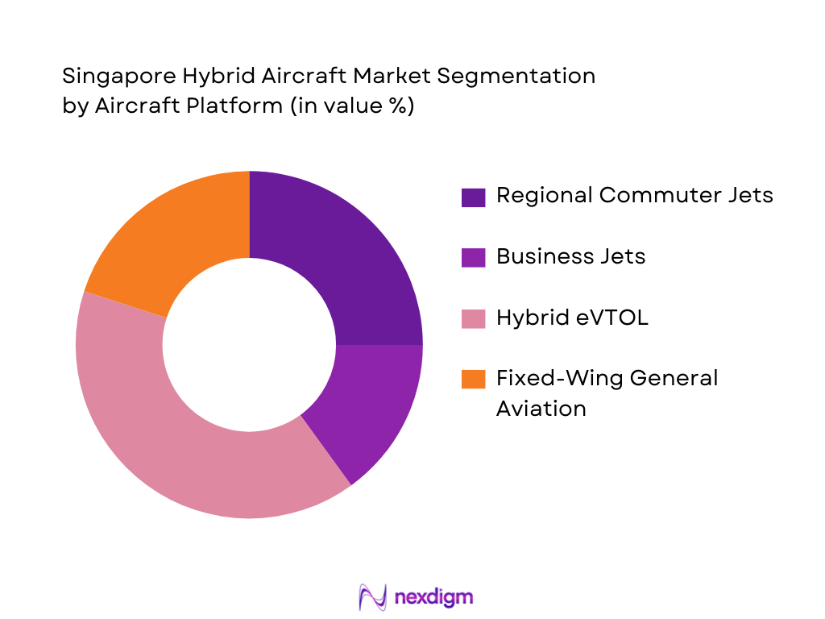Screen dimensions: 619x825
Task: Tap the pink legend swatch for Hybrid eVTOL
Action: pyautogui.click(x=473, y=318)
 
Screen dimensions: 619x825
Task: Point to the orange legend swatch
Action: pyautogui.click(x=473, y=379)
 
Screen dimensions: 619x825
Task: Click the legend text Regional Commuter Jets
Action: pyautogui.click(x=634, y=195)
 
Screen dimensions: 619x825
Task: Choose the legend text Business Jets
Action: pyautogui.click(x=570, y=256)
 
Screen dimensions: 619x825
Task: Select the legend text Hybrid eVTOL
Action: pyautogui.click(x=572, y=318)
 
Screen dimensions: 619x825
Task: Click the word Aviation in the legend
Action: pyautogui.click(x=541, y=408)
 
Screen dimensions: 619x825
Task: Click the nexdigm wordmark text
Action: pyautogui.click(x=434, y=597)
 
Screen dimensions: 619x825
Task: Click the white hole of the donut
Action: pyautogui.click(x=249, y=345)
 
